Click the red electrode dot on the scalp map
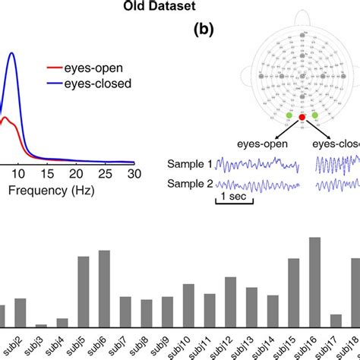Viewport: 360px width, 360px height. click(302, 118)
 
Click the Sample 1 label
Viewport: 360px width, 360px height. click(189, 163)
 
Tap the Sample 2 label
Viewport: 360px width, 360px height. click(189, 183)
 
